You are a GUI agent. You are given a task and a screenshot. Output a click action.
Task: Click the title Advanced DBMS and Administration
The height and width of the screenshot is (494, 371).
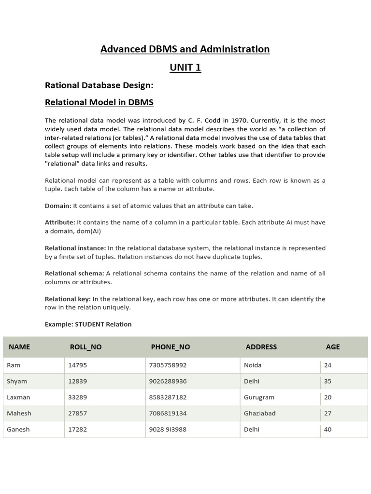point(185,49)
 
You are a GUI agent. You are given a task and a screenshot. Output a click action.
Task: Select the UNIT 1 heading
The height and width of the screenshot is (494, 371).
point(185,68)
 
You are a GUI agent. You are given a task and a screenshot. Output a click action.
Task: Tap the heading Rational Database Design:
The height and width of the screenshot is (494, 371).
point(99,85)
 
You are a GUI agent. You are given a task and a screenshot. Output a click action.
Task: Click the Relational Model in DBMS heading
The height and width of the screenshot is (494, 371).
point(99,102)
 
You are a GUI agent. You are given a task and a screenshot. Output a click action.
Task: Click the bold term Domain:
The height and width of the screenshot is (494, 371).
point(58,206)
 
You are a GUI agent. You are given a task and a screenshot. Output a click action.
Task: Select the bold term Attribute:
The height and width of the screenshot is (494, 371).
point(60,222)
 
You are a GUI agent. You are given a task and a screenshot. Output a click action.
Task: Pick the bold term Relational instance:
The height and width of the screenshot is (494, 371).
point(75,248)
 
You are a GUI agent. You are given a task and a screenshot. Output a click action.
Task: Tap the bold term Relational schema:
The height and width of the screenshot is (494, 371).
point(74,274)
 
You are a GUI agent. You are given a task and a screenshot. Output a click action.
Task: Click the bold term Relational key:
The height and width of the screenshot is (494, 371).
point(68,299)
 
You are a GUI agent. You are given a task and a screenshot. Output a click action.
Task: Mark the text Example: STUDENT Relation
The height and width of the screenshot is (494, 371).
point(88,324)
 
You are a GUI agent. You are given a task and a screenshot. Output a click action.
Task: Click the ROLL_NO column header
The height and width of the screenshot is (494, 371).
point(86,347)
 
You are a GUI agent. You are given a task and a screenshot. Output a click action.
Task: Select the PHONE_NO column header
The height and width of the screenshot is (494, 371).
point(171,347)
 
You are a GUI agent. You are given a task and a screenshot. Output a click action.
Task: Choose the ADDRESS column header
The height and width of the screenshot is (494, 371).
point(261,347)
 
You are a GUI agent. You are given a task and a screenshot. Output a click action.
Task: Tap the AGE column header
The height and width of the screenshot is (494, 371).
point(333,347)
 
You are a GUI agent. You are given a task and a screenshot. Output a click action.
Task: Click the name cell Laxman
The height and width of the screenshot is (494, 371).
point(18,398)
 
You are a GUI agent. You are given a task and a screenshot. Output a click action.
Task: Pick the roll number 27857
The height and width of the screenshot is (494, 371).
point(78,413)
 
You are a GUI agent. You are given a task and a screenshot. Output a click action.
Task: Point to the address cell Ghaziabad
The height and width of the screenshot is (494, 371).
point(260,413)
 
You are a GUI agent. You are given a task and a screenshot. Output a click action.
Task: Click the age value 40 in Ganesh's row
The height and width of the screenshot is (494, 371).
point(328,429)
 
